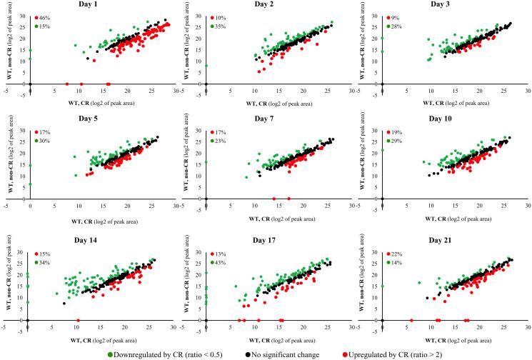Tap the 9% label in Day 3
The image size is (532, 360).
[x=396, y=16]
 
